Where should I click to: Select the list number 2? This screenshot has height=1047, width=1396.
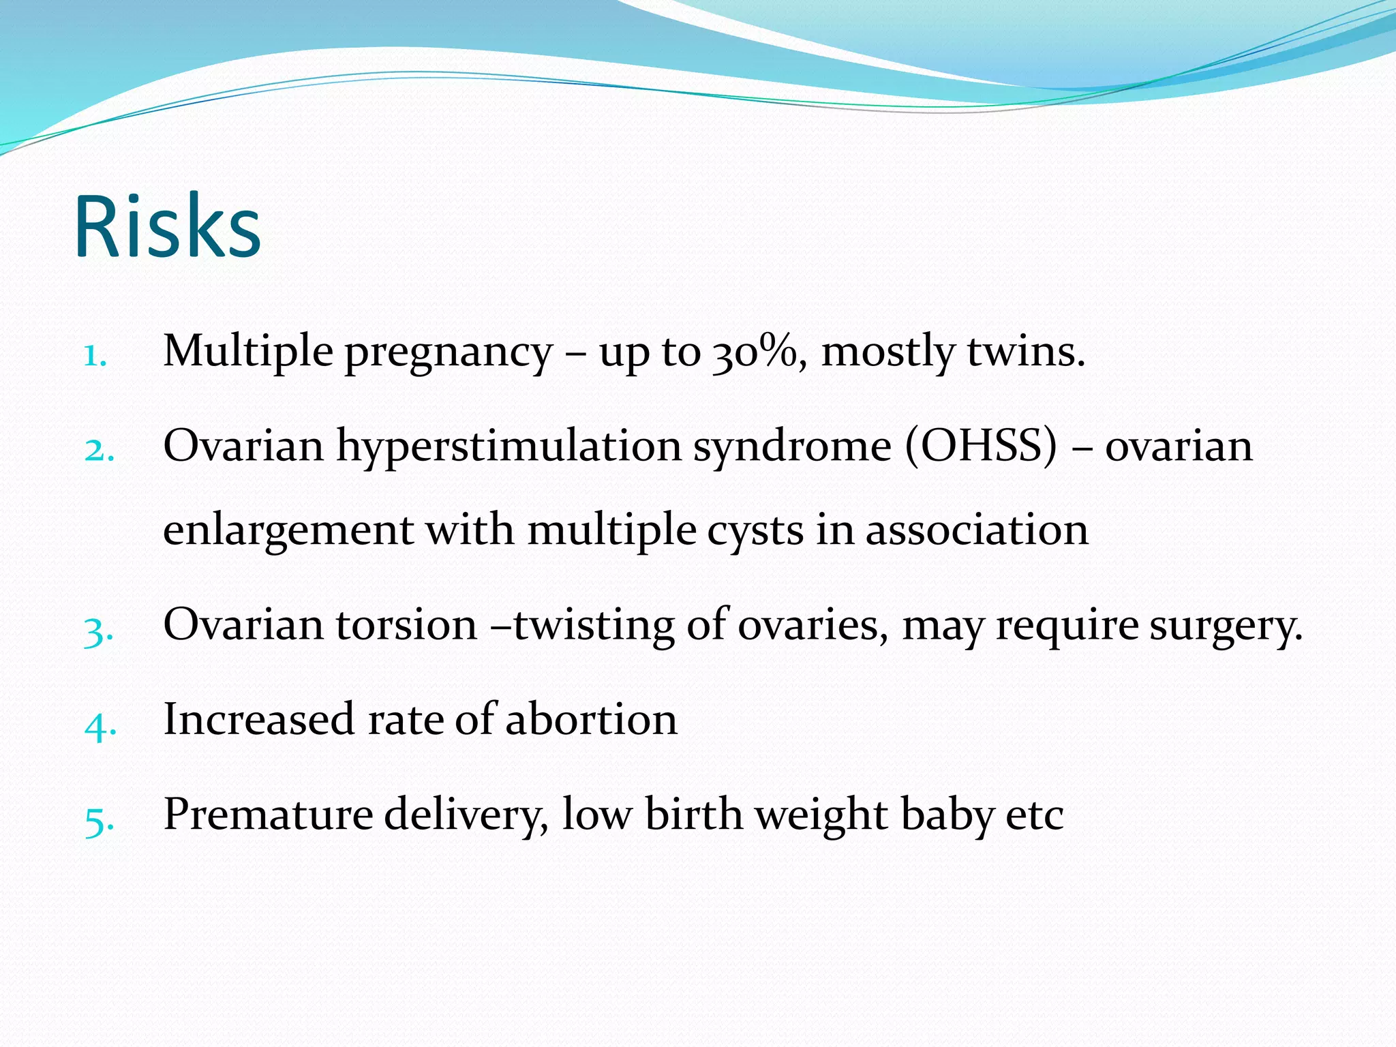click(x=99, y=451)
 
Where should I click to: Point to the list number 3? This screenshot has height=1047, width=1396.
click(x=98, y=630)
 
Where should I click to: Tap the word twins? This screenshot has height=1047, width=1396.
click(x=1025, y=352)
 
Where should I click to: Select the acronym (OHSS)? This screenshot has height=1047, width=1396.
click(x=981, y=447)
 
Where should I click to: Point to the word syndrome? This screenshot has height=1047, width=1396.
click(x=792, y=447)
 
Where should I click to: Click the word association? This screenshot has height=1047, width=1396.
click(x=977, y=530)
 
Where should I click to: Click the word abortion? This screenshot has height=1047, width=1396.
click(x=591, y=720)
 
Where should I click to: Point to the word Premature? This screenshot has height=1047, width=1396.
click(x=268, y=815)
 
